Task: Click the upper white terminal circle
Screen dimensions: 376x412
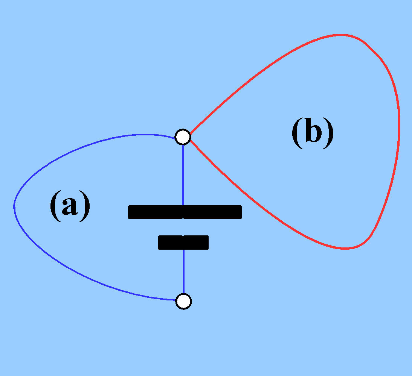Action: (183, 137)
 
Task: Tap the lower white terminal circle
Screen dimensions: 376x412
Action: (183, 301)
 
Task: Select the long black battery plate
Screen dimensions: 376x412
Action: (185, 212)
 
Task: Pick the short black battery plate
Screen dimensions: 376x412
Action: (183, 243)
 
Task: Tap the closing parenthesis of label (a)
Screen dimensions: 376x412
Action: (86, 206)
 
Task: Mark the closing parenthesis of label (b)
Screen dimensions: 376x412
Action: (329, 133)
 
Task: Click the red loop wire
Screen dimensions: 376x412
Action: (398, 124)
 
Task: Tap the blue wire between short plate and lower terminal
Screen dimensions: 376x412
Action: (183, 271)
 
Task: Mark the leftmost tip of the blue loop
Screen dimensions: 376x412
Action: (14, 206)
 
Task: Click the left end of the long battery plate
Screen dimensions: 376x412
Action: (130, 212)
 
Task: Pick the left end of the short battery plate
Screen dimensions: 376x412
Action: (160, 243)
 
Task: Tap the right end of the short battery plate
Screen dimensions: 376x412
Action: (207, 243)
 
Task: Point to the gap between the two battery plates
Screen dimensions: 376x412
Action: (183, 227)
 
